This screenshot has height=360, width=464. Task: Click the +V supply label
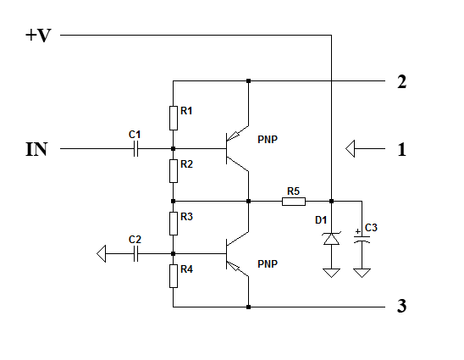pyautogui.click(x=38, y=36)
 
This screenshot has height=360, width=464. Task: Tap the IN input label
pyautogui.click(x=36, y=149)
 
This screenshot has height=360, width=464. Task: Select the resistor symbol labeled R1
pyautogui.click(x=174, y=118)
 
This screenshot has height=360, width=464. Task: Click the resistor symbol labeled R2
pyautogui.click(x=174, y=171)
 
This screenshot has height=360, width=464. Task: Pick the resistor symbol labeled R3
pyautogui.click(x=174, y=224)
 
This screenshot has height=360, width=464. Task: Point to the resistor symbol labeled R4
pyautogui.click(x=174, y=276)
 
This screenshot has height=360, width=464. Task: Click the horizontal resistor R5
pyautogui.click(x=294, y=202)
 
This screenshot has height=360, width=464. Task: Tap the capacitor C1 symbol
pyautogui.click(x=135, y=148)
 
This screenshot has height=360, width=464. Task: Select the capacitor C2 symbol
pyautogui.click(x=135, y=254)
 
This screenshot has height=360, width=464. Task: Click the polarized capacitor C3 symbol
pyautogui.click(x=362, y=239)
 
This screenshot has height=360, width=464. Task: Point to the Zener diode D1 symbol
pyautogui.click(x=331, y=239)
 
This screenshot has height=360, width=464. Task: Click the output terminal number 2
pyautogui.click(x=401, y=81)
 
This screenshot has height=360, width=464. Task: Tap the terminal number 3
pyautogui.click(x=401, y=306)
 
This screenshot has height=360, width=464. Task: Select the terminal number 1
pyautogui.click(x=401, y=149)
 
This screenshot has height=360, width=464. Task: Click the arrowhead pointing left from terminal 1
pyautogui.click(x=350, y=148)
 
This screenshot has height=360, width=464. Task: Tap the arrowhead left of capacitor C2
pyautogui.click(x=102, y=254)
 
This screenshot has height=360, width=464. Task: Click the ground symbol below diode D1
pyautogui.click(x=331, y=273)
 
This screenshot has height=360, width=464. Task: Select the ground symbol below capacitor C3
pyautogui.click(x=362, y=273)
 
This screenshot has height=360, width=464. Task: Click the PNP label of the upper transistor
pyautogui.click(x=268, y=140)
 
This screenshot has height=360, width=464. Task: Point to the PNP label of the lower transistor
pyautogui.click(x=268, y=264)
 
